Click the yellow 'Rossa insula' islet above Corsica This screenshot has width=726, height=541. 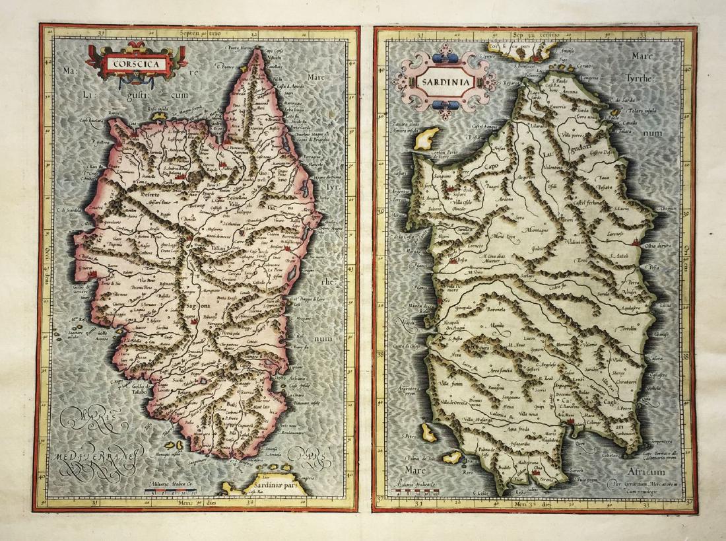[158, 117]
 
